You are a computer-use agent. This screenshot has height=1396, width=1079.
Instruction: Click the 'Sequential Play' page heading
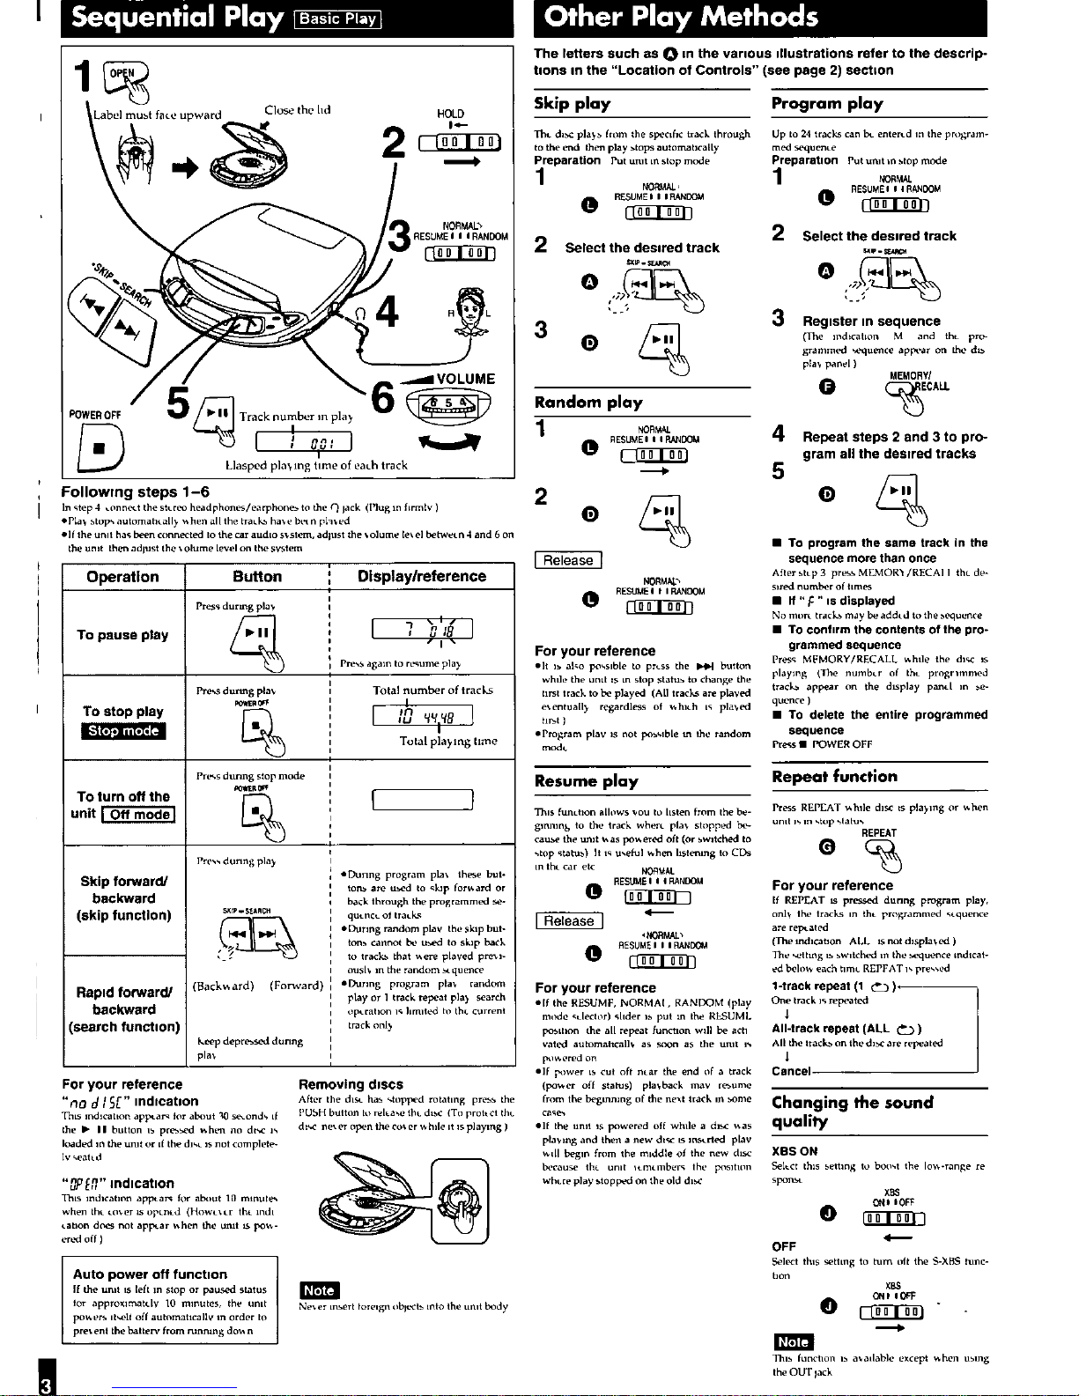pyautogui.click(x=177, y=18)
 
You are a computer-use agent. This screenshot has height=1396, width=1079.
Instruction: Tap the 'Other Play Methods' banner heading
pyautogui.click(x=681, y=17)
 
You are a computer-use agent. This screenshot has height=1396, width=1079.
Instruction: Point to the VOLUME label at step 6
pyautogui.click(x=464, y=379)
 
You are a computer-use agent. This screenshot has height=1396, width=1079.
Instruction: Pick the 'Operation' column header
pyautogui.click(x=122, y=577)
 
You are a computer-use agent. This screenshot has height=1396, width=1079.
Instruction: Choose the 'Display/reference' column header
pyautogui.click(x=421, y=577)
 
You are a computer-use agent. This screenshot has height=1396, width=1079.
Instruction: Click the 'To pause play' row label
pyautogui.click(x=122, y=635)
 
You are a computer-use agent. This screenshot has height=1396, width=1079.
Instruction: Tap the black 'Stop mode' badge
pyautogui.click(x=122, y=731)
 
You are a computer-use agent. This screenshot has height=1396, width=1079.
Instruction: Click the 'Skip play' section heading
pyautogui.click(x=573, y=104)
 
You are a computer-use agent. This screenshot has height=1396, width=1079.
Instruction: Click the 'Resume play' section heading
pyautogui.click(x=586, y=781)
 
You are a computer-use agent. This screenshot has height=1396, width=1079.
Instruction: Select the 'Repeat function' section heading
pyautogui.click(x=834, y=777)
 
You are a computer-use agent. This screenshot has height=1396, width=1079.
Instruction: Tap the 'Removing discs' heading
pyautogui.click(x=351, y=1084)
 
